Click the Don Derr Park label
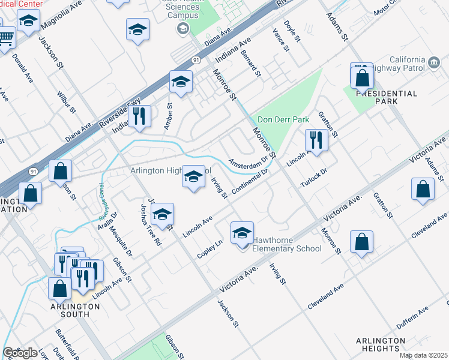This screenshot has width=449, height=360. (x=283, y=119)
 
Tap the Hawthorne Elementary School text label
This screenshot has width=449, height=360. (x=286, y=244)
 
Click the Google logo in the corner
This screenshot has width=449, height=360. (x=20, y=353)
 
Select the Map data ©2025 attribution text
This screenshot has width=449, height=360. (x=423, y=355)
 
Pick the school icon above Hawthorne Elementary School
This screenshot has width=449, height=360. (x=241, y=233)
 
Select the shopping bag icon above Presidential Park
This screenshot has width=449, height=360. (x=362, y=77)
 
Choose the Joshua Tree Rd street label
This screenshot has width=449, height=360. (x=151, y=224)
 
